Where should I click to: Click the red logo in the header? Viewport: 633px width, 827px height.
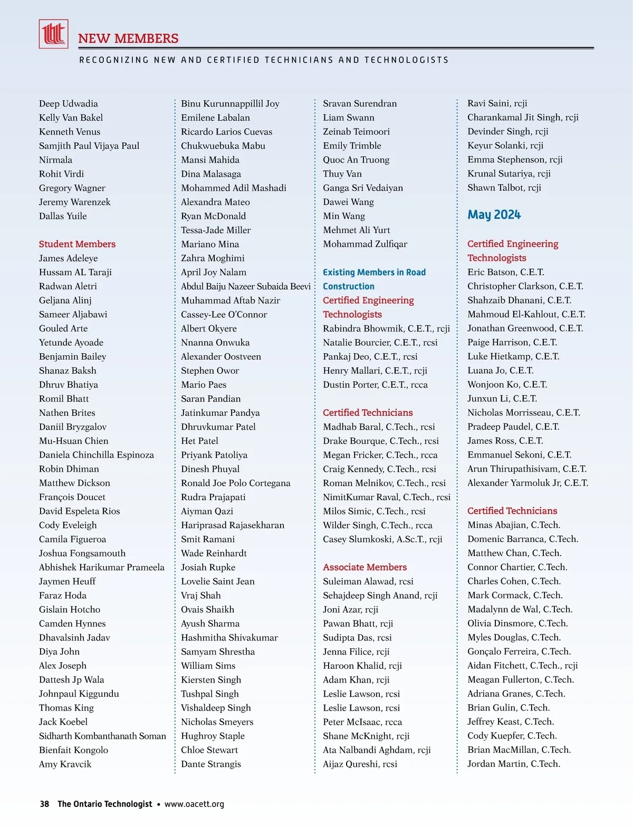[53, 34]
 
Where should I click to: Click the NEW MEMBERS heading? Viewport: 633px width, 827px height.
[128, 38]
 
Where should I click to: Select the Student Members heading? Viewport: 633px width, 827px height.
[77, 244]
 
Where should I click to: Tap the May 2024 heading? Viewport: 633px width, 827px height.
[494, 215]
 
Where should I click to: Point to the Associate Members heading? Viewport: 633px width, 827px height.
[365, 567]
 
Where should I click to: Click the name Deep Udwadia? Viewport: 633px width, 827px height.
[68, 104]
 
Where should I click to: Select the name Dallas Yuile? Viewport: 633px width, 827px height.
[63, 216]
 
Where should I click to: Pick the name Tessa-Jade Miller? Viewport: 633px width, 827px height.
[216, 230]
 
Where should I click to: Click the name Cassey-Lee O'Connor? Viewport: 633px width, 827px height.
[224, 315]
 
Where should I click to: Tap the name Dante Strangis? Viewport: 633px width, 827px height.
[210, 764]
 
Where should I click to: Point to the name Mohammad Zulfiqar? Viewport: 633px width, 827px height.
[365, 244]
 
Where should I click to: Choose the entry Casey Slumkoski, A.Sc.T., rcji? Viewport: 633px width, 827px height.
[382, 539]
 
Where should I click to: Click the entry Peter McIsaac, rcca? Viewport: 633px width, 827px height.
[362, 722]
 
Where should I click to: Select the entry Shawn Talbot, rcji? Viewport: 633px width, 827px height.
[504, 188]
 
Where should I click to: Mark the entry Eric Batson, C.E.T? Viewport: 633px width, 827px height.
[505, 273]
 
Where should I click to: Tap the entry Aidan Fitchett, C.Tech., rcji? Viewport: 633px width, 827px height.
[522, 666]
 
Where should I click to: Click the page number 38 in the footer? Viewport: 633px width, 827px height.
[44, 804]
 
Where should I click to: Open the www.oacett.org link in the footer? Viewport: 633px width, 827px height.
[194, 804]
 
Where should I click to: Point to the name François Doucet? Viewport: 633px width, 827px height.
[72, 497]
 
